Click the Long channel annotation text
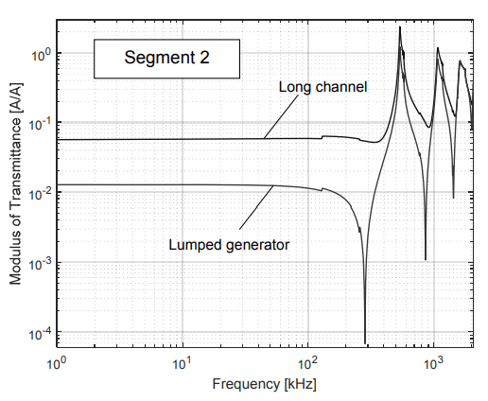tap(322, 88)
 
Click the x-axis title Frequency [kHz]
tap(264, 385)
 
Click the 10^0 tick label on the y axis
tap(39, 53)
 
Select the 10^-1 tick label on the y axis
tap(39, 123)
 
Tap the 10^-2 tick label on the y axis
tap(39, 193)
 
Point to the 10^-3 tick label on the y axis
tap(39, 263)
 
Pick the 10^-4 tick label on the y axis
tap(39, 333)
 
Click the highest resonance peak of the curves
tap(400, 27)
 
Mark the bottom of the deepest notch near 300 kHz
tap(365, 342)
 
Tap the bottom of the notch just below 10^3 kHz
tap(426, 258)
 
